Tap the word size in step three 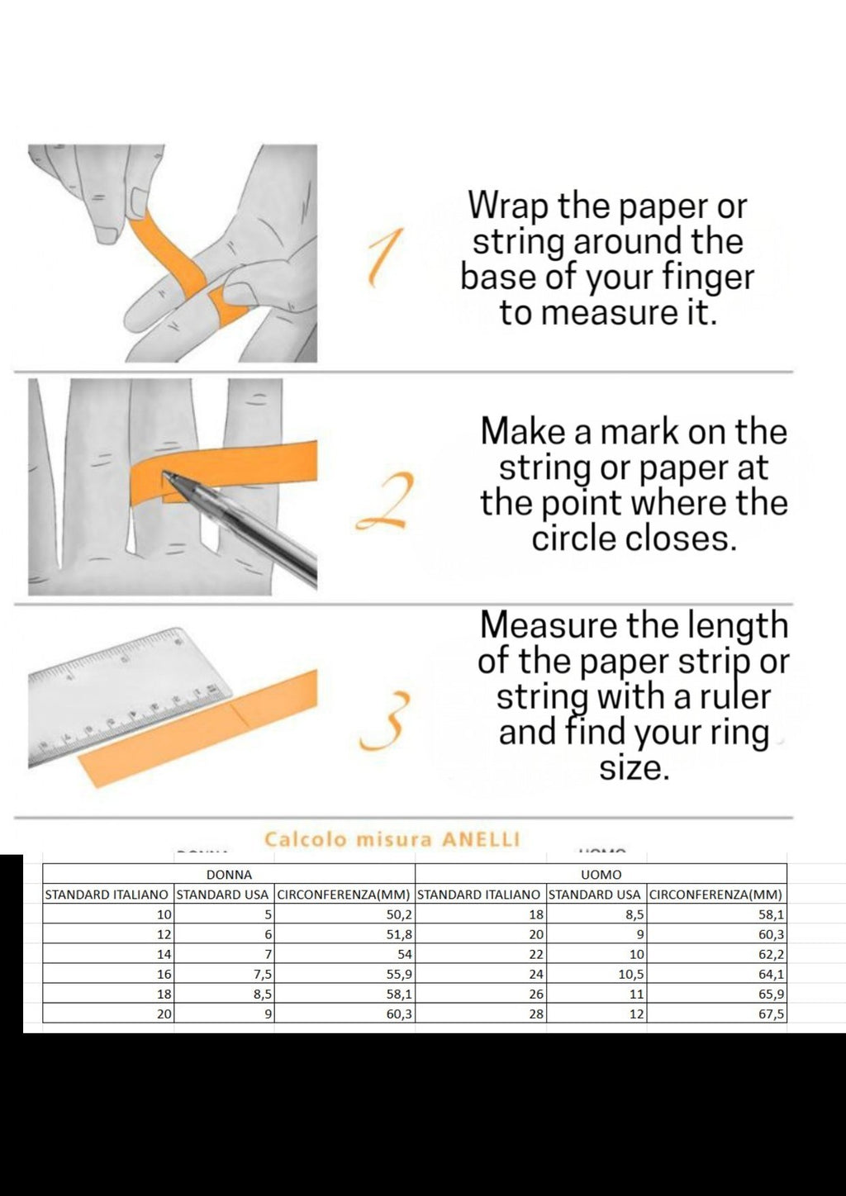pos(634,770)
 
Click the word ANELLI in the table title pos(481,839)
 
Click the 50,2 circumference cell pos(345,914)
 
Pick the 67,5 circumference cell pos(717,1013)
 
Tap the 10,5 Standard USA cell pos(596,974)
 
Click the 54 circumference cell pos(345,954)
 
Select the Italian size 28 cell pos(481,1013)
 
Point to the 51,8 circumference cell pos(345,934)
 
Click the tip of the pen pos(163,472)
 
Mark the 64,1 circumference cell pos(717,974)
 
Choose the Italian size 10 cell pos(108,914)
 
